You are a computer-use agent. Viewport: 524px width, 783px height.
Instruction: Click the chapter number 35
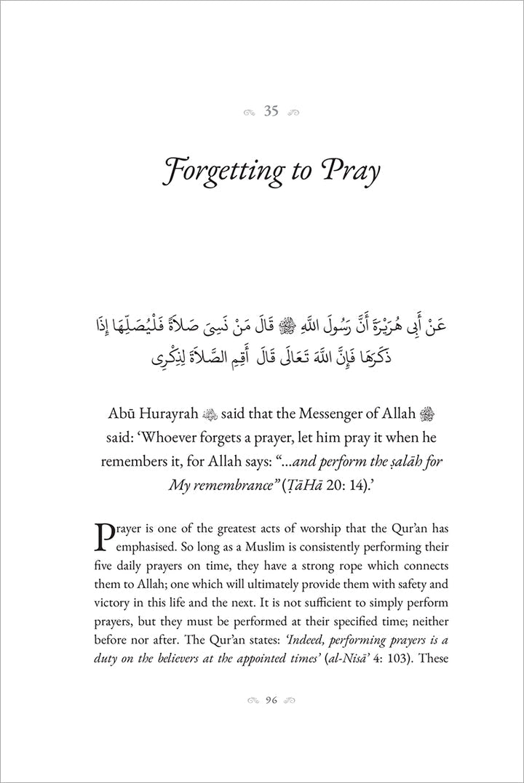click(271, 111)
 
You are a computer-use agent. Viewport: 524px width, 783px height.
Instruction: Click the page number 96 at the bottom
click(271, 700)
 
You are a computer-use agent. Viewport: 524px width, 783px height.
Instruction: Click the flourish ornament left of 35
click(249, 112)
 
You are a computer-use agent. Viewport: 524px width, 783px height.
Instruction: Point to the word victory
click(116, 603)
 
